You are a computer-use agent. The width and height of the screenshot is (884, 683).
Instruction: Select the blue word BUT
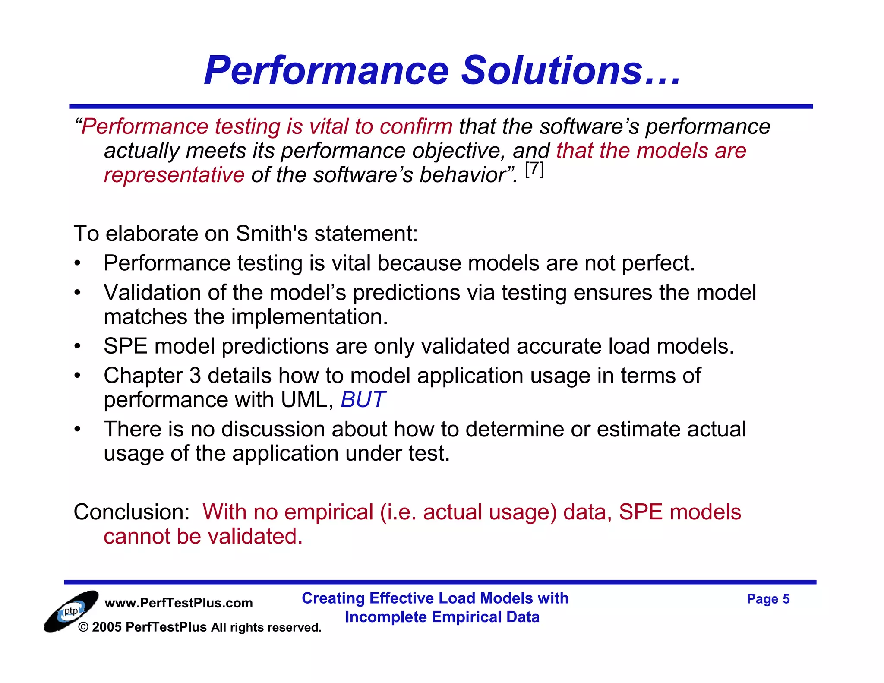pyautogui.click(x=363, y=399)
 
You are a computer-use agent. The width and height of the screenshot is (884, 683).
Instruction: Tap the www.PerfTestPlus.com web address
pyautogui.click(x=179, y=603)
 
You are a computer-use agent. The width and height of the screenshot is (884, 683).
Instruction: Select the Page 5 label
pyautogui.click(x=768, y=599)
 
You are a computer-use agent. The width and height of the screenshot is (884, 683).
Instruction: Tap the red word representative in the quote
pyautogui.click(x=174, y=175)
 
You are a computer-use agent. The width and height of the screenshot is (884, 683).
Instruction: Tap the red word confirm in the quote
pyautogui.click(x=416, y=126)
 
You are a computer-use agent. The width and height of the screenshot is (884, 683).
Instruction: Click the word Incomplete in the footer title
pyautogui.click(x=385, y=617)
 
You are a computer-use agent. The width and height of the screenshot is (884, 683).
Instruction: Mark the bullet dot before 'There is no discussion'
pyautogui.click(x=77, y=430)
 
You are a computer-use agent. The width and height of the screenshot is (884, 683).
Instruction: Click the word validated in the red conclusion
pyautogui.click(x=255, y=536)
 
